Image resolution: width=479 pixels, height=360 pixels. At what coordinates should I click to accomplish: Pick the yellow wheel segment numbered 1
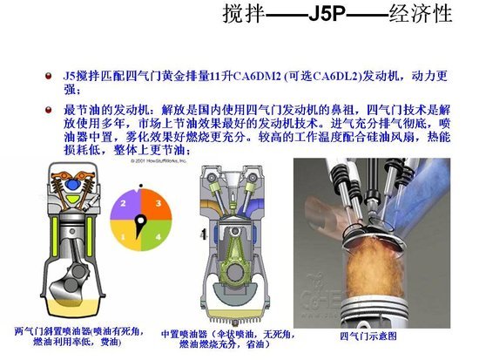click(125, 234)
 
